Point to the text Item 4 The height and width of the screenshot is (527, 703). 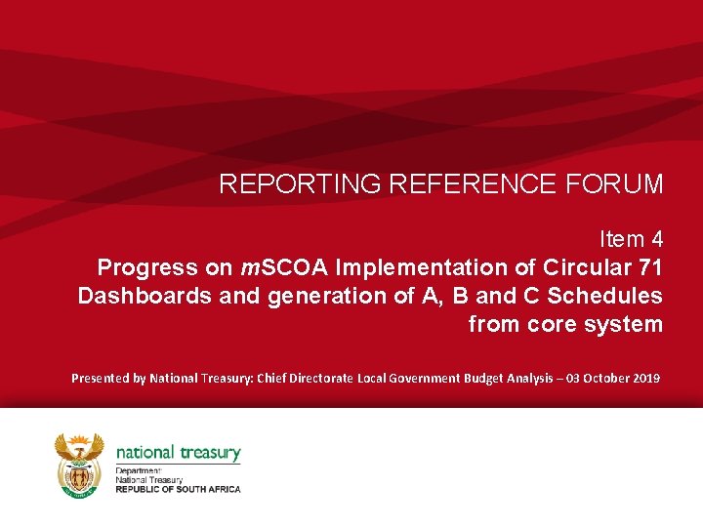[631, 238]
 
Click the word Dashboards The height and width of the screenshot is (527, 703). [144, 296]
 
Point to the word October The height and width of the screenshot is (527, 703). [600, 378]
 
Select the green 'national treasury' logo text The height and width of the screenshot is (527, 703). [178, 453]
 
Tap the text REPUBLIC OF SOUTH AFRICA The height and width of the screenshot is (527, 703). [178, 489]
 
